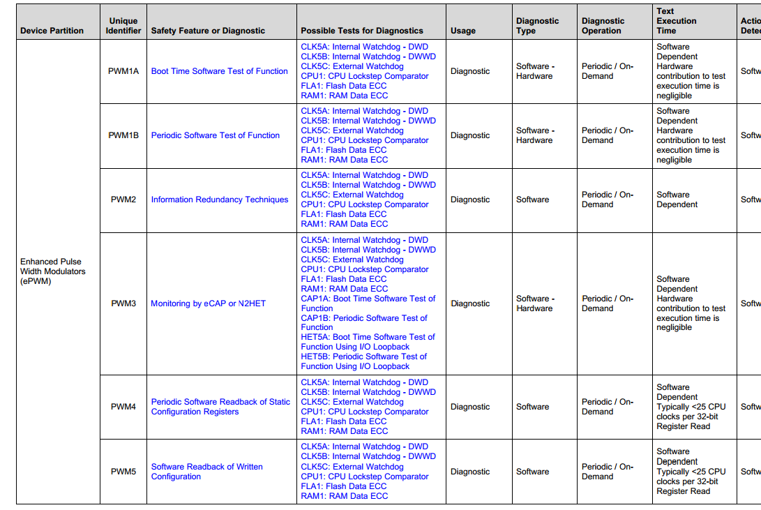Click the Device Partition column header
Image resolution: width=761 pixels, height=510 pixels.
tap(52, 31)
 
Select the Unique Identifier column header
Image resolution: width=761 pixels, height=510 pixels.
tap(123, 26)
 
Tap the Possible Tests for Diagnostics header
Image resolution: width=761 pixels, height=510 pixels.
tap(362, 31)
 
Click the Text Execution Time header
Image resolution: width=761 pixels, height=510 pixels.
tap(676, 21)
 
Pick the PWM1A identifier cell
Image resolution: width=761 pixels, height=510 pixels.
tap(123, 71)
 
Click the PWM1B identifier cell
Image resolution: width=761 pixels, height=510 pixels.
tap(123, 135)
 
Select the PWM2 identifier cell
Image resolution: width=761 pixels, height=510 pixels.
tap(123, 200)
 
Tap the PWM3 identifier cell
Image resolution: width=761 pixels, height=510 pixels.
tap(123, 303)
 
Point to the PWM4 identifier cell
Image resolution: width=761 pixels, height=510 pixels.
tap(123, 407)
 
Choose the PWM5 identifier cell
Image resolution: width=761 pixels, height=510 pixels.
tap(123, 472)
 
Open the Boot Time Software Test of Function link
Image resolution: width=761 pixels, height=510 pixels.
tap(219, 71)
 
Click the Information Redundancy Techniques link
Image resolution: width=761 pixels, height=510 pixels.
tap(219, 200)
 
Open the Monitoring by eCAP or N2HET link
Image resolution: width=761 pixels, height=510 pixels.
tap(208, 303)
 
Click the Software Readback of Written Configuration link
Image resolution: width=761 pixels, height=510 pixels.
tap(206, 472)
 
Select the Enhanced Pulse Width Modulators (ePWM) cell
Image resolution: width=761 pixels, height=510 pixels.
tap(53, 271)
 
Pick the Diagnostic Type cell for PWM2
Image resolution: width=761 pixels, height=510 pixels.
tap(532, 200)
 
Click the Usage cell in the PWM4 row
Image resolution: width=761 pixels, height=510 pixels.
tap(470, 407)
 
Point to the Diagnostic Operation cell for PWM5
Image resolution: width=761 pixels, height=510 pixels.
tap(607, 472)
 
